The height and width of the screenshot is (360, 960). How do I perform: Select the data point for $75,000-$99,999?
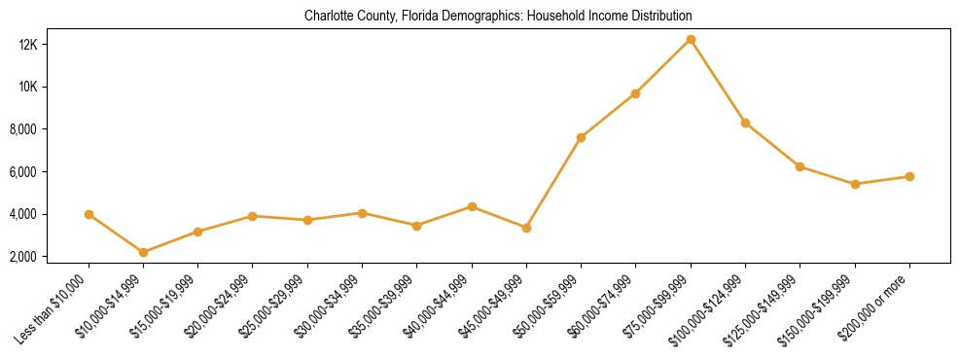tap(691, 39)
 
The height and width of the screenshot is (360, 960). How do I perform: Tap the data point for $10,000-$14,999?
tap(143, 252)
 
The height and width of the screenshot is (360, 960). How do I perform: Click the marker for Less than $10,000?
tap(89, 214)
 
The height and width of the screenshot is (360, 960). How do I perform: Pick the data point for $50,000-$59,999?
tap(581, 137)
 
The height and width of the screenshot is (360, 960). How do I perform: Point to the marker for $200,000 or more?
tap(909, 176)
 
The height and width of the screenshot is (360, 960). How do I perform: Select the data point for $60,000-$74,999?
tap(635, 93)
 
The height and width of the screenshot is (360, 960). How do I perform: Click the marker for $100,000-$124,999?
tap(745, 123)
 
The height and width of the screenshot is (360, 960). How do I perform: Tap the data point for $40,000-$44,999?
tap(472, 206)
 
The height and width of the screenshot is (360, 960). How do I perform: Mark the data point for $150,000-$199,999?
tap(855, 184)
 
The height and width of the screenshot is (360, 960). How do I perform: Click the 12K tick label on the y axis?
tap(54, 45)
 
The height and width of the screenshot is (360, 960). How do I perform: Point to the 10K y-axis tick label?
tap(54, 87)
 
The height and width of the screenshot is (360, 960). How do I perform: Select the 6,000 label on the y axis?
tap(52, 171)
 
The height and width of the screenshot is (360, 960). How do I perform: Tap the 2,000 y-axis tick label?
tap(52, 256)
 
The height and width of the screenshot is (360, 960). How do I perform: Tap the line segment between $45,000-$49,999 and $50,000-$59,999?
tap(553, 182)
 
